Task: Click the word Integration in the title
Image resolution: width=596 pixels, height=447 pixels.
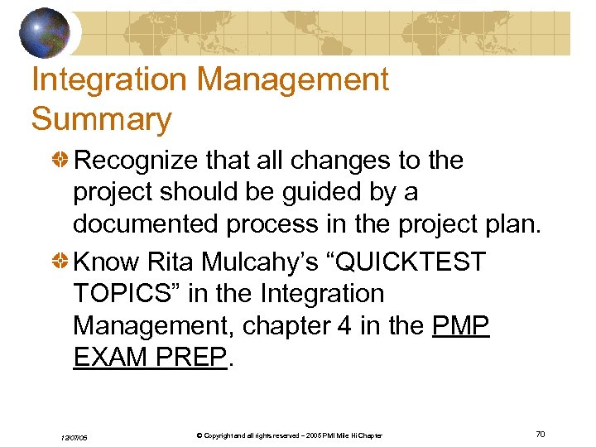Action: pos(106,79)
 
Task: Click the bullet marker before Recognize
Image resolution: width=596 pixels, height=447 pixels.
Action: pos(61,160)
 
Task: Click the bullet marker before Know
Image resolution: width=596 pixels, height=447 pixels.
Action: pos(61,262)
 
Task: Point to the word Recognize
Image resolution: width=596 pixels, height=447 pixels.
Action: pos(146,160)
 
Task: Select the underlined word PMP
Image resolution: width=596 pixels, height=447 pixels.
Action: pos(462,326)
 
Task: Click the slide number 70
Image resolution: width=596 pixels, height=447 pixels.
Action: pos(541,434)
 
